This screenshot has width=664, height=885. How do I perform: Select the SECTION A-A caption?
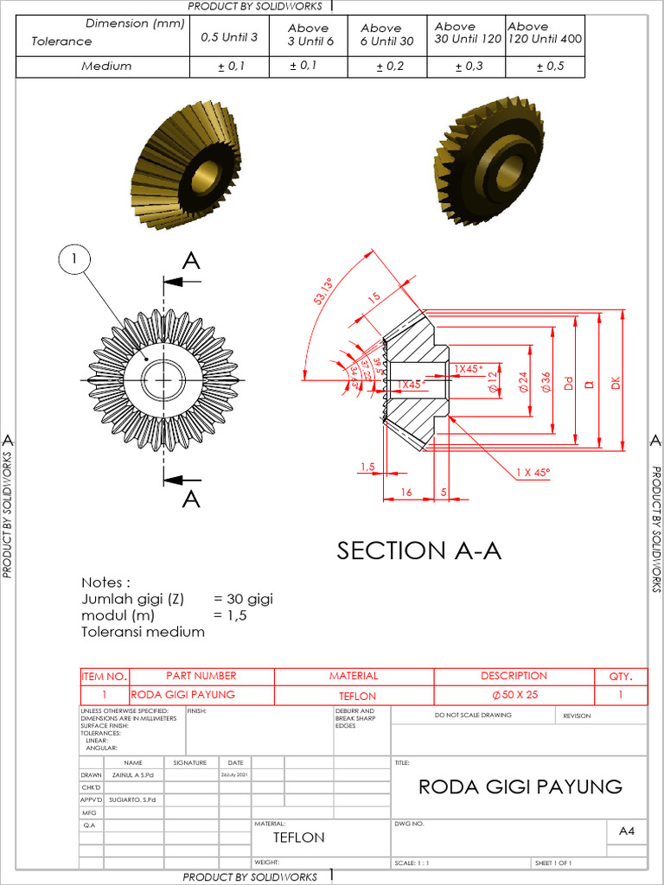(418, 551)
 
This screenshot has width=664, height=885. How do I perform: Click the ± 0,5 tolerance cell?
(550, 67)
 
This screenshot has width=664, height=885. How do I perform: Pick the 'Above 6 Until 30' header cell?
(386, 35)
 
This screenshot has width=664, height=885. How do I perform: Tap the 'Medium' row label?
(106, 67)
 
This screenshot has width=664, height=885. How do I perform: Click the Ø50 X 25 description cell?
(514, 696)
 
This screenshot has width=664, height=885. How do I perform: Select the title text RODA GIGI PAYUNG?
(520, 786)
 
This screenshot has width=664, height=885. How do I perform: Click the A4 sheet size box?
(627, 831)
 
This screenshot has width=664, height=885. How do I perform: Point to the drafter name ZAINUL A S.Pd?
(133, 775)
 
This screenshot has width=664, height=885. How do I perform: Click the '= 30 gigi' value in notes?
(243, 599)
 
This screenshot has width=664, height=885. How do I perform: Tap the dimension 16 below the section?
(405, 492)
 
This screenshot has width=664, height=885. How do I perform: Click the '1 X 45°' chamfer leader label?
(533, 473)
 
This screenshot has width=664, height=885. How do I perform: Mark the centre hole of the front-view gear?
(163, 379)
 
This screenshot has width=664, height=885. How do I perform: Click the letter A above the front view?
(191, 261)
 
